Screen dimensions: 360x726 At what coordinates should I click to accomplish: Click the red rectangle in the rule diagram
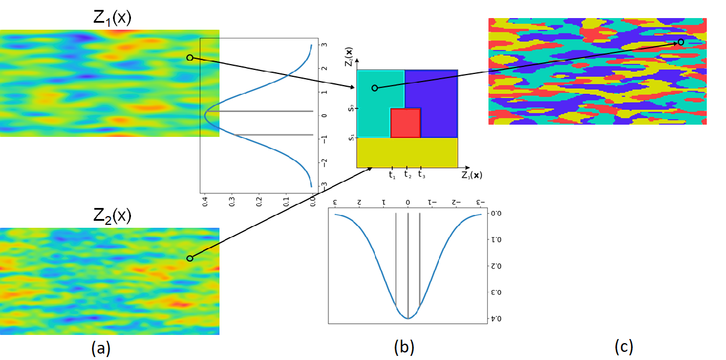click(405, 122)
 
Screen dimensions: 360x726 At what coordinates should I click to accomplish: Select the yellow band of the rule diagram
click(407, 153)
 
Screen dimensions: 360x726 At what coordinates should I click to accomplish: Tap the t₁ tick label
click(392, 174)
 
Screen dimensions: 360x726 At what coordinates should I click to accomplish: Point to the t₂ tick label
click(408, 174)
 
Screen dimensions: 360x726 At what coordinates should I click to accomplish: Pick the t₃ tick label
click(422, 174)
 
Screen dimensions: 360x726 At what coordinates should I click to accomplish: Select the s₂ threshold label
click(349, 108)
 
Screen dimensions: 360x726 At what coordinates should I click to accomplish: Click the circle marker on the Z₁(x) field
click(189, 58)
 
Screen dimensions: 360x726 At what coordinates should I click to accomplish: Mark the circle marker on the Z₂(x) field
click(189, 258)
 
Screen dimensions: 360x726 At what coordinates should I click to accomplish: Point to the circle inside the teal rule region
click(374, 88)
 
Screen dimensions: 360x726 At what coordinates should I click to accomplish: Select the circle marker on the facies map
click(681, 43)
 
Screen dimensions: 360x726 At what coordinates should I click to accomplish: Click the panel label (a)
click(101, 348)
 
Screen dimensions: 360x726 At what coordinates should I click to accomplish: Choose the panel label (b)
click(404, 348)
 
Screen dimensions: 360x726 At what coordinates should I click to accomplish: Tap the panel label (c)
click(623, 347)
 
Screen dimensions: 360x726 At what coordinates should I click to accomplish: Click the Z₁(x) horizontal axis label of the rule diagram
click(471, 175)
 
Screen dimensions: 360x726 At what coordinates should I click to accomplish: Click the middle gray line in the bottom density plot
click(408, 265)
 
